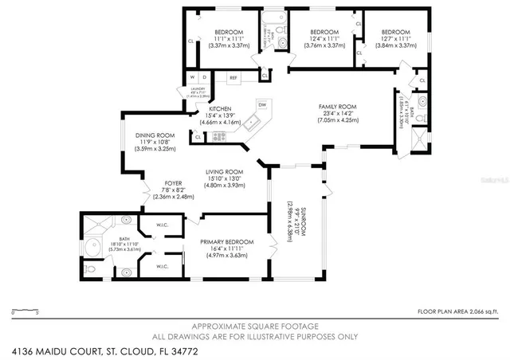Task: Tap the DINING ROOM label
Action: click(x=155, y=135)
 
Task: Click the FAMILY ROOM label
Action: click(x=338, y=106)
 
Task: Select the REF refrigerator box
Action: click(x=233, y=77)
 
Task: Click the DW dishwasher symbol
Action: click(x=261, y=104)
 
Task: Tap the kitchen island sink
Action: click(x=251, y=123)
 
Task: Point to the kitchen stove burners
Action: click(x=219, y=137)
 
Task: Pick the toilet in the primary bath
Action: click(x=92, y=270)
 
